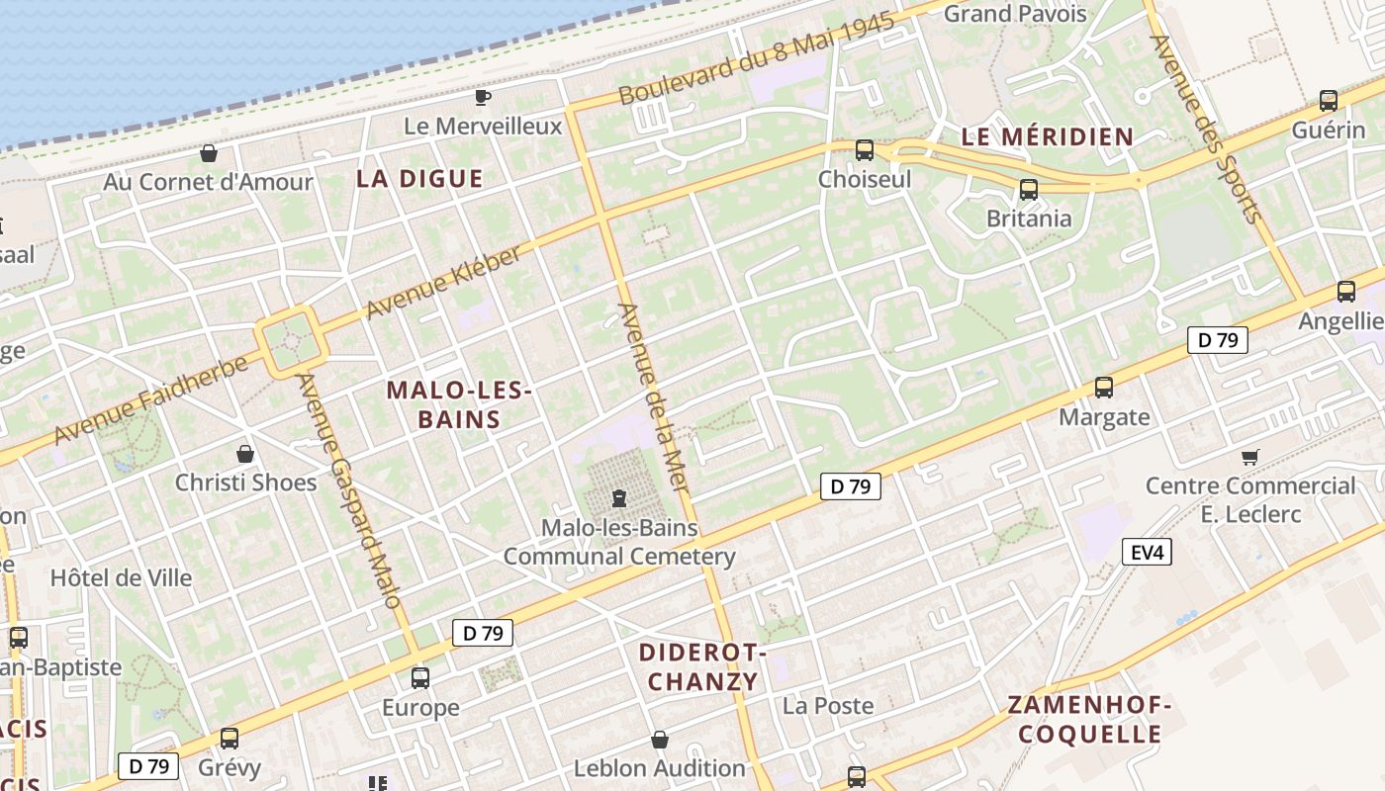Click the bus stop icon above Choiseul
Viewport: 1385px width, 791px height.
[865, 150]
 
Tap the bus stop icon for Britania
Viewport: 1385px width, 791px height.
[1029, 190]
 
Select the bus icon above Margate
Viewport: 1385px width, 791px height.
[1104, 388]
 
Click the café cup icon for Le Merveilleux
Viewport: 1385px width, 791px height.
[482, 97]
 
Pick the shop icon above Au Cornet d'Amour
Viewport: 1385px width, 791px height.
[209, 153]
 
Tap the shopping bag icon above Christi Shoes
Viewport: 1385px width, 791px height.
[245, 454]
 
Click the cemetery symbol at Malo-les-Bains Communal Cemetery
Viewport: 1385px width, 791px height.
[619, 498]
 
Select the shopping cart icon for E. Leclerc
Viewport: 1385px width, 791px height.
[1249, 457]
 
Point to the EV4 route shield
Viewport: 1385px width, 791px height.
[1147, 552]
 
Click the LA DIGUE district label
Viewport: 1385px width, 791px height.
[419, 179]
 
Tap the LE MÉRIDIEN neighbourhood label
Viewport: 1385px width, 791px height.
[1048, 136]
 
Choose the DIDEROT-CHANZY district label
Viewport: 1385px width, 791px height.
[702, 666]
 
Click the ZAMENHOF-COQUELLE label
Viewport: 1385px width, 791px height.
[1089, 719]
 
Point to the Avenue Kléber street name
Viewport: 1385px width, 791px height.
[442, 282]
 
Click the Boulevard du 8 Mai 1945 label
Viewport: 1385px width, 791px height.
[757, 58]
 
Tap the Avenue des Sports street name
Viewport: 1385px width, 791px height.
[1206, 128]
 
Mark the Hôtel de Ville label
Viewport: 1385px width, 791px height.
[122, 577]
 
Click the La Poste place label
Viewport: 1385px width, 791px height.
[828, 706]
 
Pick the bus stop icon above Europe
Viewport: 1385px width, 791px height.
[420, 678]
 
